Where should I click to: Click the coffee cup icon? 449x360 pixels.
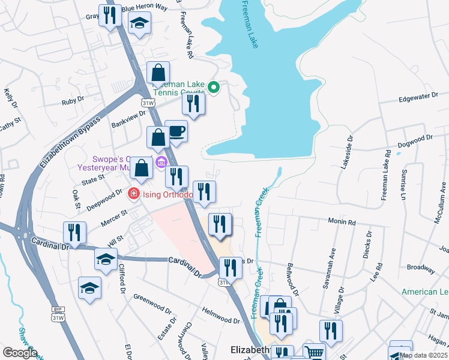[x=176, y=131]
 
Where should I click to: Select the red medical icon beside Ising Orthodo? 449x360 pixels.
[x=133, y=194]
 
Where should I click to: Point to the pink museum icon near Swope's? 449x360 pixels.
[x=161, y=163]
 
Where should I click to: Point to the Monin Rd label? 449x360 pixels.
[x=342, y=222]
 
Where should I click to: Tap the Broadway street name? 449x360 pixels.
[x=420, y=268]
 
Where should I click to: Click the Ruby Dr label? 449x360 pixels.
[x=73, y=101]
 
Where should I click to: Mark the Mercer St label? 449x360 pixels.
[x=116, y=214]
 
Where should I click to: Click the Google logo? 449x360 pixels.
[x=20, y=353]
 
